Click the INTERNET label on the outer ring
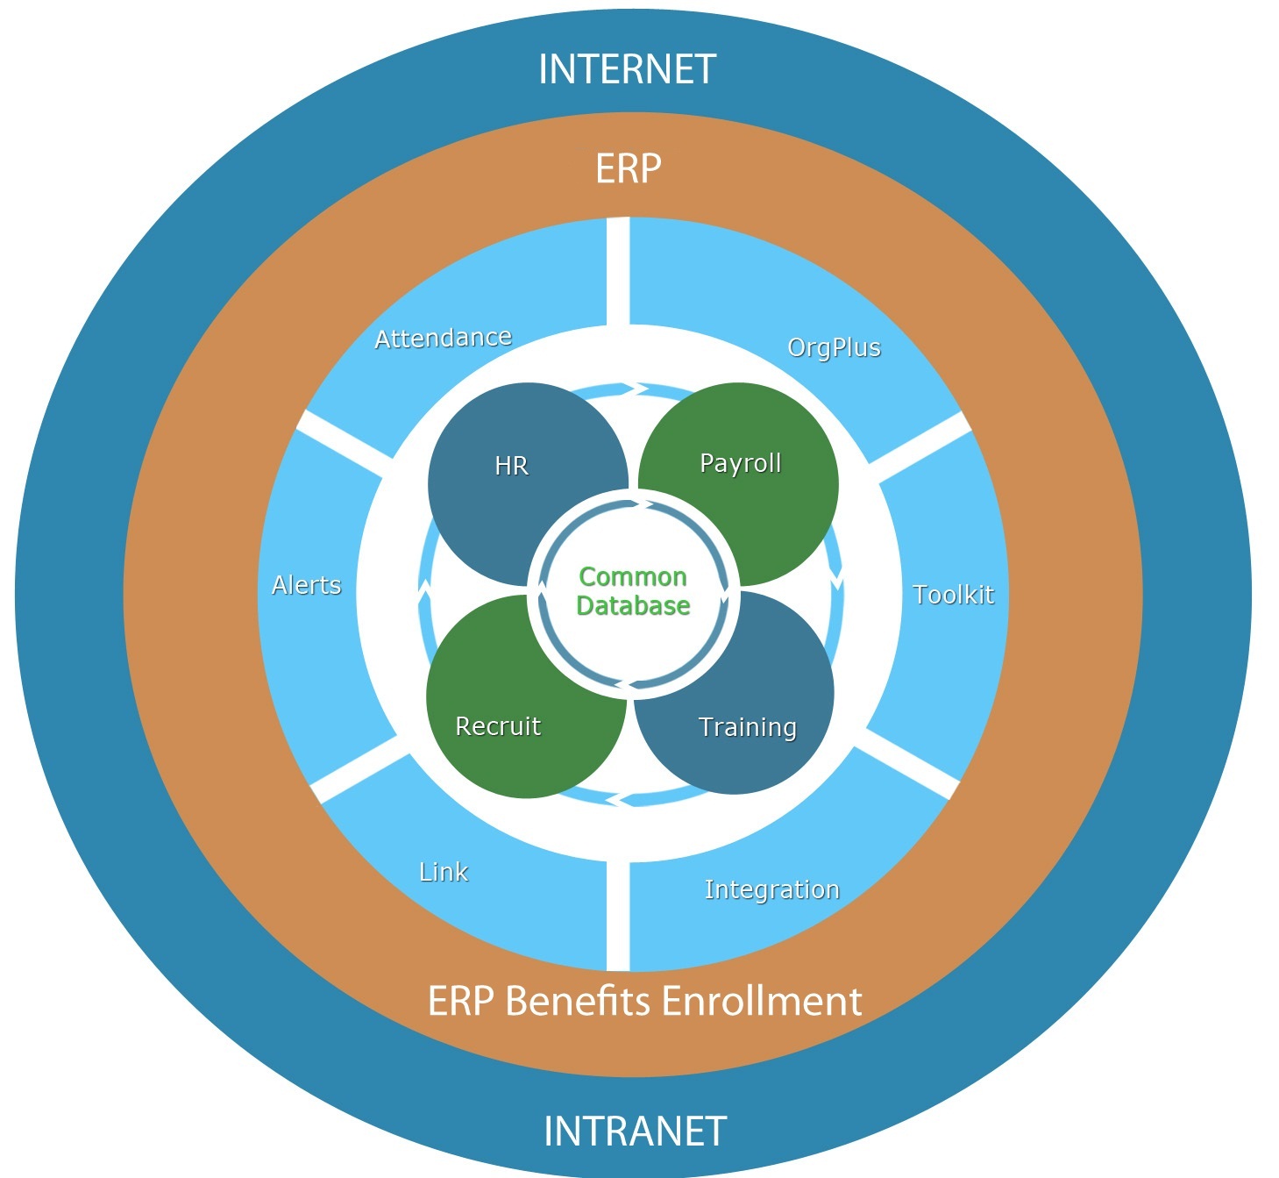point(628,69)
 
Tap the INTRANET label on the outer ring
point(635,1132)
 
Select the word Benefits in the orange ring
point(579,1001)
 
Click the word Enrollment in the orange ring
point(762,1001)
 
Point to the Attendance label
point(443,338)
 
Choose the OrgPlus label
point(834,347)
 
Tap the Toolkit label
point(953,595)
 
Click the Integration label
point(772,889)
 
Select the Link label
point(444,872)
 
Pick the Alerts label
point(307,585)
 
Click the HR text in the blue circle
point(511,466)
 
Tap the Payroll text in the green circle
point(740,464)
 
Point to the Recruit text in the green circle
point(498,726)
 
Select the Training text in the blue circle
point(747,727)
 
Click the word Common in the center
point(632,577)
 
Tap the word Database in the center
point(633,605)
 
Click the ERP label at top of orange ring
point(628,169)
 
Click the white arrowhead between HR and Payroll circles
point(640,389)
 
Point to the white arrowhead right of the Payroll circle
point(837,577)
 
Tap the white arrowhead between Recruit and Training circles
point(617,799)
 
